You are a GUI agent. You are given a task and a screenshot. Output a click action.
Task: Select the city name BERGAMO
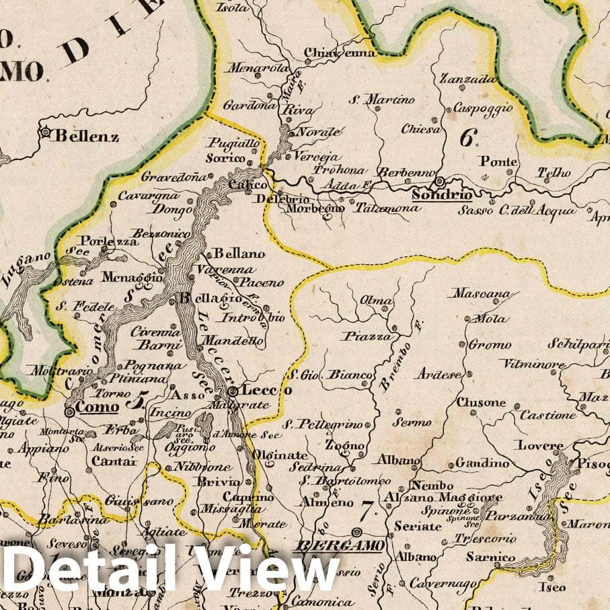click(x=340, y=544)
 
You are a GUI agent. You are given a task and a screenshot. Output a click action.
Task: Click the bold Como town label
click(x=98, y=407)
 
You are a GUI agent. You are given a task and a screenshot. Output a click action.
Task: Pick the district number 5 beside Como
click(x=136, y=403)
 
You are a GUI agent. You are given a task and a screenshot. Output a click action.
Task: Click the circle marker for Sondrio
click(x=439, y=181)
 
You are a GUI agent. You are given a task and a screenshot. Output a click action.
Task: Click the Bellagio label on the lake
click(x=210, y=298)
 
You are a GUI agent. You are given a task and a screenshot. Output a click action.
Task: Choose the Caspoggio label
click(x=482, y=108)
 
